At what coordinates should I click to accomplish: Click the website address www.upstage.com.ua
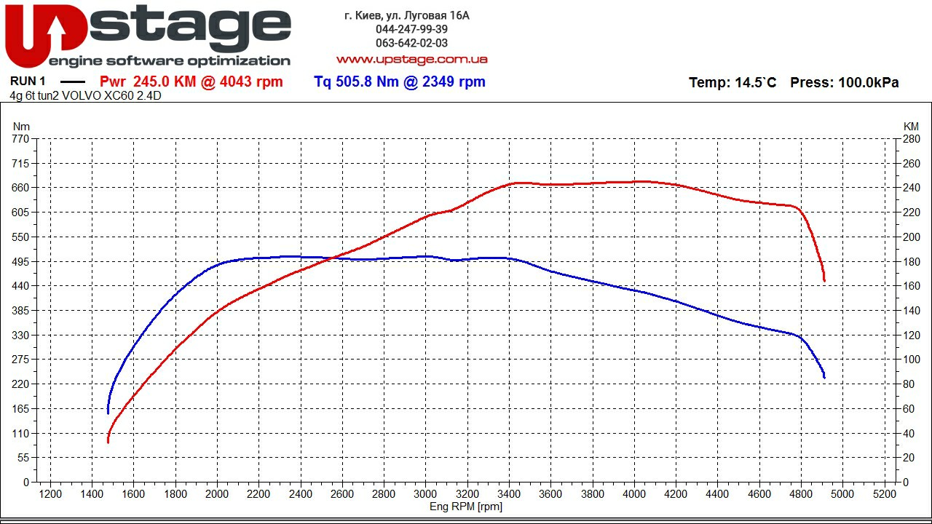[x=411, y=59]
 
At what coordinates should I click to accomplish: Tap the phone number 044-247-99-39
[x=411, y=29]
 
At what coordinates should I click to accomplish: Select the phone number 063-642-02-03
[x=411, y=43]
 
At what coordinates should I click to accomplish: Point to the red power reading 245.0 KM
[x=165, y=82]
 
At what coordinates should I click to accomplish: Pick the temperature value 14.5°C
[x=755, y=83]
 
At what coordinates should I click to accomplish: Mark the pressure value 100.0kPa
[x=869, y=83]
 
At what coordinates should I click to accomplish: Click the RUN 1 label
[x=28, y=82]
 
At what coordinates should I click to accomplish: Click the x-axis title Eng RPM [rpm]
[x=466, y=507]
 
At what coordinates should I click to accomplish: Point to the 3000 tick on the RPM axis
[x=426, y=494]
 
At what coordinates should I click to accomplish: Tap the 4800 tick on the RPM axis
[x=801, y=494]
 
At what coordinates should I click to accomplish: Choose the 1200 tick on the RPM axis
[x=50, y=494]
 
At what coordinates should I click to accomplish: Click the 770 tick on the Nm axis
[x=20, y=138]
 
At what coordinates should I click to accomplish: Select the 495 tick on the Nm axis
[x=20, y=261]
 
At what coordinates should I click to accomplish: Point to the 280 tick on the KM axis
[x=912, y=138]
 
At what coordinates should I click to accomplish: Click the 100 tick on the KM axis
[x=912, y=360]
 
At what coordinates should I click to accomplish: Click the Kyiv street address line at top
[x=406, y=15]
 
